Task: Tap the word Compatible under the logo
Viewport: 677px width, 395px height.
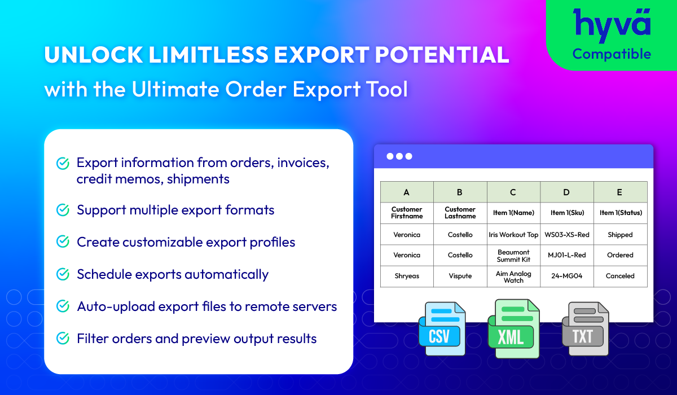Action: coord(612,54)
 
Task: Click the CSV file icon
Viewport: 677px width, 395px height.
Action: coord(442,329)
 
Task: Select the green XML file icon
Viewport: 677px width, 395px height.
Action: coord(513,329)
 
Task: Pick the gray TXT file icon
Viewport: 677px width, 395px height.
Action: coord(586,329)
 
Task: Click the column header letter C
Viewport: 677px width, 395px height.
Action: coord(513,192)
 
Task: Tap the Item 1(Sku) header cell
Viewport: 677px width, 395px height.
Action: coord(567,213)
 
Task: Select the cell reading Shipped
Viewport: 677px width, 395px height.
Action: coord(620,235)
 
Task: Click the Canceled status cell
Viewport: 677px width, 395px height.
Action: coord(620,276)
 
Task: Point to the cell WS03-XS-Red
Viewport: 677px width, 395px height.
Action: coord(567,235)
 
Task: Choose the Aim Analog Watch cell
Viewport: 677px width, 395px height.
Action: coord(513,276)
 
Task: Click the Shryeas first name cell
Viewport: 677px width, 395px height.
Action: coord(407,276)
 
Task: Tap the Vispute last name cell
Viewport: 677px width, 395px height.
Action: coord(460,276)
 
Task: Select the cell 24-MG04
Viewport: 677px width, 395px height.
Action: coord(567,276)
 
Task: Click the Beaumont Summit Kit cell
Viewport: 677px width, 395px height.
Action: coord(513,256)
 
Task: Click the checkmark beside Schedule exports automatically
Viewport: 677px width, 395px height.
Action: coord(63,274)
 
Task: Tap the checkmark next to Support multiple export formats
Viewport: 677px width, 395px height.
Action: coord(63,210)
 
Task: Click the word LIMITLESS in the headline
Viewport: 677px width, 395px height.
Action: coord(209,55)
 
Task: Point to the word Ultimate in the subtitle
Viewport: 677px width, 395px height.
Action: coord(175,89)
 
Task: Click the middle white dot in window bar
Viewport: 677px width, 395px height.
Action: coord(399,156)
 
